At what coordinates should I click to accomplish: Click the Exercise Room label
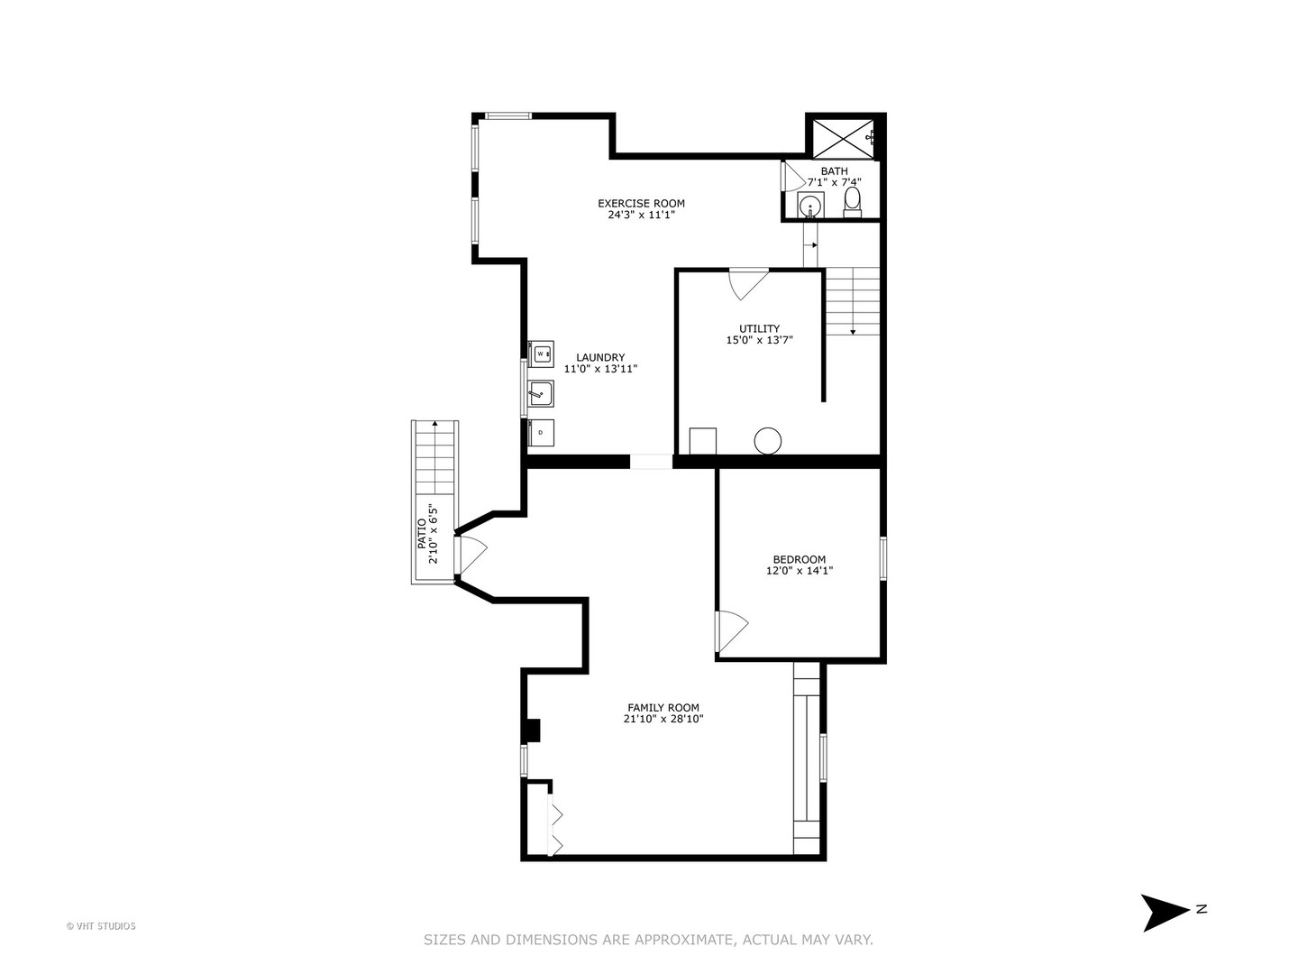(641, 204)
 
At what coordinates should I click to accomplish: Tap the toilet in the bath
(852, 202)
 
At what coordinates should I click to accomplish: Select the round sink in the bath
(810, 206)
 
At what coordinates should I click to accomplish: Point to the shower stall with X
(843, 138)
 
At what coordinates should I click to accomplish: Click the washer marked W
(541, 354)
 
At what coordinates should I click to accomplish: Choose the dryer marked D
(541, 432)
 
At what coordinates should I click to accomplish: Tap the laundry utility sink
(541, 393)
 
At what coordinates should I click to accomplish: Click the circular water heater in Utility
(768, 441)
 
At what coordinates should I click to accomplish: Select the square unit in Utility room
(702, 441)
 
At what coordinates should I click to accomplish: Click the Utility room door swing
(748, 284)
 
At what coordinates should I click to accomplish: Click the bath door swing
(792, 176)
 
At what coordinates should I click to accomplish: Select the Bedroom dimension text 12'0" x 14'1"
(800, 571)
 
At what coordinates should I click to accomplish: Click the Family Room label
(663, 707)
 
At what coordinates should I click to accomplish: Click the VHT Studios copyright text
(101, 926)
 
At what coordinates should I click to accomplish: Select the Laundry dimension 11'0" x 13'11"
(601, 369)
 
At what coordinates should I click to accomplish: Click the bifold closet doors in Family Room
(555, 826)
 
